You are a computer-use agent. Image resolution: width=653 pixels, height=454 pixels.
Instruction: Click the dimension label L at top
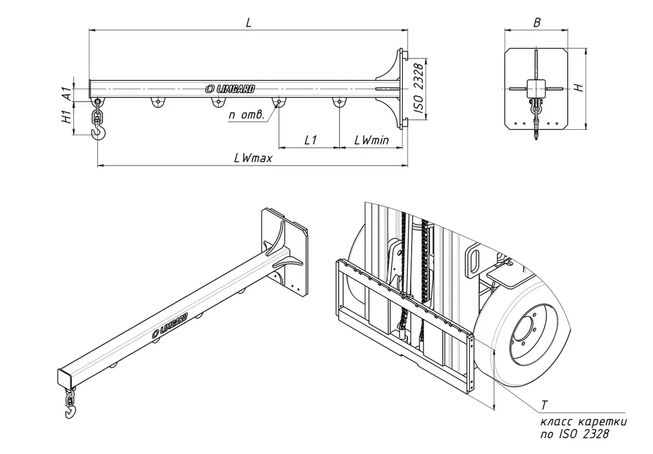(x=248, y=23)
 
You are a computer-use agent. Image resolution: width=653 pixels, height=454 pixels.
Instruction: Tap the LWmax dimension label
(x=253, y=158)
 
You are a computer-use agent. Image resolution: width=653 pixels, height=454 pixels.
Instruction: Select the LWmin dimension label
(x=371, y=140)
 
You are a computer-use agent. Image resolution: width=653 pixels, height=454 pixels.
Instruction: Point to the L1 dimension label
(x=310, y=140)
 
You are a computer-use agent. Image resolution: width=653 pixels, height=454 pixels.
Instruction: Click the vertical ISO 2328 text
(x=419, y=89)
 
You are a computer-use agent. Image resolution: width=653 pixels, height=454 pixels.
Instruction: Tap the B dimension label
(x=537, y=23)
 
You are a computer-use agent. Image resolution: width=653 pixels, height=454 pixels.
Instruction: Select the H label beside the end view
(x=578, y=87)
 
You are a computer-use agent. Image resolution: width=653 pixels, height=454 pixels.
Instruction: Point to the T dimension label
(x=544, y=404)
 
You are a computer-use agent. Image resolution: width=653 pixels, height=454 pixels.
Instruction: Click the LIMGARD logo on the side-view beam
(x=231, y=89)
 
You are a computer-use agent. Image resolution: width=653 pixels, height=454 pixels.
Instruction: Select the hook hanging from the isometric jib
(x=70, y=411)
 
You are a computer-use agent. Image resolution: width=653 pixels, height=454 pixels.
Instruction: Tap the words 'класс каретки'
(x=583, y=422)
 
